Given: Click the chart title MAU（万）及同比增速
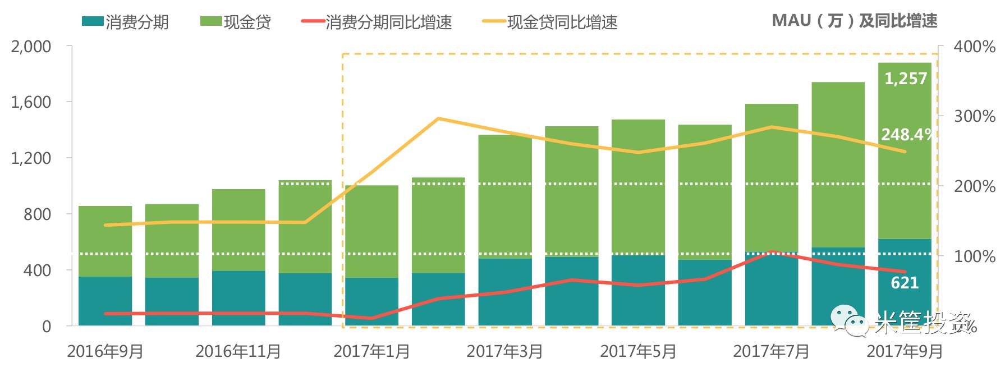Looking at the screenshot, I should (x=854, y=21).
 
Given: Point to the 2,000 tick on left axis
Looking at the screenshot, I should (x=31, y=47).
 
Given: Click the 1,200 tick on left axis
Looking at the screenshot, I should (x=31, y=158).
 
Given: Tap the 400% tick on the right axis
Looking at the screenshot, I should (x=974, y=47).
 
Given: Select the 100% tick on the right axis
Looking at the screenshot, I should (x=974, y=256).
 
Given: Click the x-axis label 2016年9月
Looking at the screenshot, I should (x=105, y=352).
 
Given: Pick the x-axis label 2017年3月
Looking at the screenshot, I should (x=504, y=352).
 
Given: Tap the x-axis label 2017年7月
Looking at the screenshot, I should (x=771, y=352).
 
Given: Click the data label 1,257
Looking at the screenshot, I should (x=905, y=79).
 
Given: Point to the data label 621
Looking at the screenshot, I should (x=905, y=283).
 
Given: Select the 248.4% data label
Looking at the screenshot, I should (x=906, y=135).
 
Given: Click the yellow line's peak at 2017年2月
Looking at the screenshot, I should (x=438, y=118).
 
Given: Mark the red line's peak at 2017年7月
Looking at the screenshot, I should (x=772, y=252).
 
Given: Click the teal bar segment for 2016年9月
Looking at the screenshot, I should (x=105, y=301).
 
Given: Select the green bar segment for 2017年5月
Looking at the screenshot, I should (x=638, y=187).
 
